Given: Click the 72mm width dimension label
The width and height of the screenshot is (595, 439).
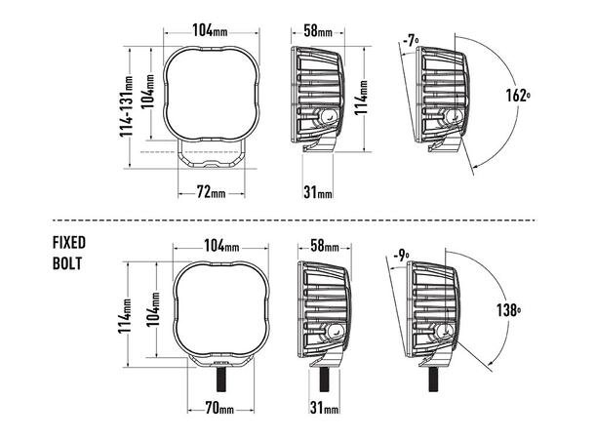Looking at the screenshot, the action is [x=211, y=193].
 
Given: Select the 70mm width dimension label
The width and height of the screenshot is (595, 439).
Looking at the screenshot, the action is [x=219, y=408].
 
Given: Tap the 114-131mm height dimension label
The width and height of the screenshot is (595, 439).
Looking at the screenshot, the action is [x=127, y=106].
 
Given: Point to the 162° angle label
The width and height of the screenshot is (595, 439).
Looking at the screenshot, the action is [x=518, y=96].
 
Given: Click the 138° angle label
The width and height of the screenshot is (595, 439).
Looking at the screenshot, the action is [x=508, y=310].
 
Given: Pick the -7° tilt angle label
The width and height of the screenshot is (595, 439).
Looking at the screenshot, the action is [x=411, y=40].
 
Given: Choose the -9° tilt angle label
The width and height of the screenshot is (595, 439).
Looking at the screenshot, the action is [x=401, y=255].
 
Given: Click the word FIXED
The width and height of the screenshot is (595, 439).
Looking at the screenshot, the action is [x=69, y=243].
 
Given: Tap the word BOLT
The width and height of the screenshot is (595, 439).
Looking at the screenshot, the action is [x=67, y=263].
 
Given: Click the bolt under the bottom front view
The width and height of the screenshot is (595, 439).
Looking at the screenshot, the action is [x=221, y=379].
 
